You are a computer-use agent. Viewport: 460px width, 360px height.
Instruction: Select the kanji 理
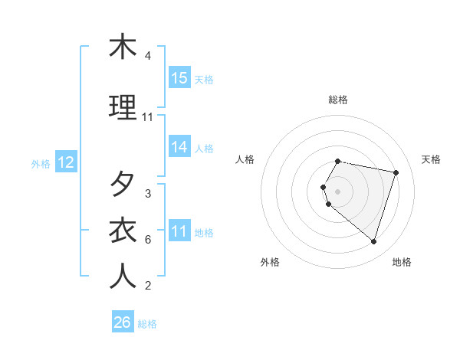[x=123, y=109]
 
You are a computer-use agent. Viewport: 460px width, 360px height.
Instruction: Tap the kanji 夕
[x=123, y=185]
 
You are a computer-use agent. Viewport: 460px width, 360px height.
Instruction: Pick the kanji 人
[x=123, y=277]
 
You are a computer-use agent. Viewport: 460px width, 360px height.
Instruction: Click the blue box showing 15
[x=179, y=78]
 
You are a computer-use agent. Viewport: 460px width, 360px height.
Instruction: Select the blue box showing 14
[x=179, y=147]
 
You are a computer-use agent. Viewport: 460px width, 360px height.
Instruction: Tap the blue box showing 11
[x=179, y=231]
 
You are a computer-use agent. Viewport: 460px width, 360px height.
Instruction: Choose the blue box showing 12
[x=66, y=162]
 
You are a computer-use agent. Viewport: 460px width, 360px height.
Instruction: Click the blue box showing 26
[x=123, y=322]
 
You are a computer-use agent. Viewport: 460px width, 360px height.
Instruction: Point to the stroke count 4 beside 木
[x=148, y=56]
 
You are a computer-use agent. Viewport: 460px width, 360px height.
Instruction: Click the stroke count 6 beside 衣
[x=148, y=240]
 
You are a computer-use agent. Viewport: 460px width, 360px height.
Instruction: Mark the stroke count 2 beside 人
[x=148, y=286]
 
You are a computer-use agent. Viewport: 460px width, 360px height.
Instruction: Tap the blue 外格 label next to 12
[x=41, y=163]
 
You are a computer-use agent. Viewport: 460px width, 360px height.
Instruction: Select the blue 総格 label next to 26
[x=147, y=324]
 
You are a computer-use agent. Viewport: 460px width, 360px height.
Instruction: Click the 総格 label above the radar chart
[x=338, y=100]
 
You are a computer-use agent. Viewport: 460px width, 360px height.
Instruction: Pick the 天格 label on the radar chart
[x=431, y=159]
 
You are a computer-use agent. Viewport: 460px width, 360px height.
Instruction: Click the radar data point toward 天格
[x=396, y=173]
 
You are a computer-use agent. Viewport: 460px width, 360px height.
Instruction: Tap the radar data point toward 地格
[x=373, y=241]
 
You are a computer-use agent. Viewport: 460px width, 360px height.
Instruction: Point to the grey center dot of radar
[x=338, y=191]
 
